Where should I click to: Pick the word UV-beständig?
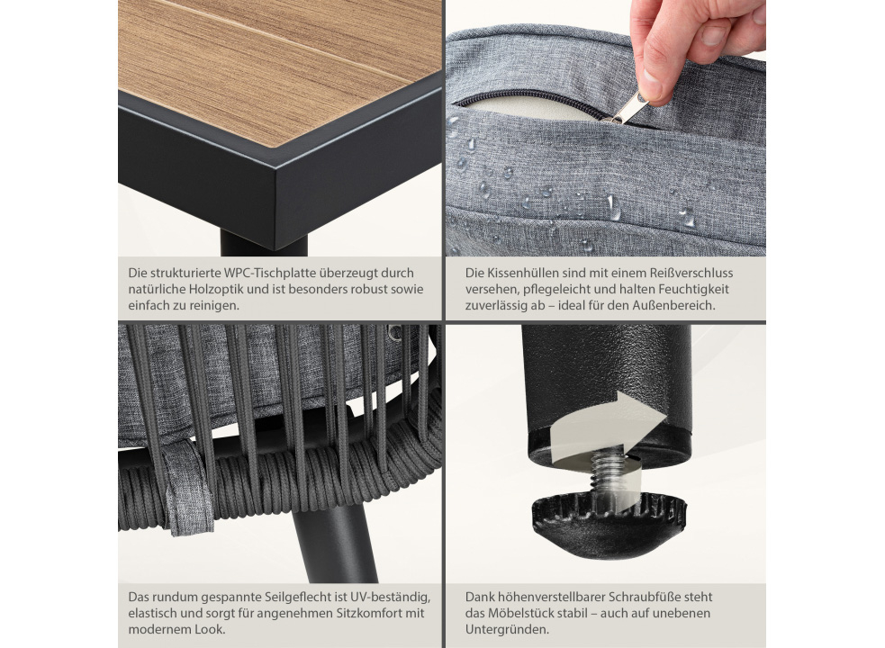tap(391, 598)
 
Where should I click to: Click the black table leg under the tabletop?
tap(264, 243)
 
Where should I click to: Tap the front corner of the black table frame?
tap(276, 169)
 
